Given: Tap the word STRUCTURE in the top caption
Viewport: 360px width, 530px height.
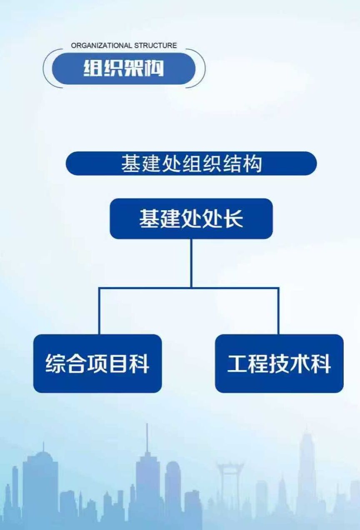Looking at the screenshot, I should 155,45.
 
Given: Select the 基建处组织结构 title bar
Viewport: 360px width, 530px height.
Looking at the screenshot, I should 191,163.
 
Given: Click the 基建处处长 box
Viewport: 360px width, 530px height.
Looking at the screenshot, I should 191,219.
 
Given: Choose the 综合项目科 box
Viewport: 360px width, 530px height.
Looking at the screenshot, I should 97,363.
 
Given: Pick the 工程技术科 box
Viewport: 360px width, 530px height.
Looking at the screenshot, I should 279,363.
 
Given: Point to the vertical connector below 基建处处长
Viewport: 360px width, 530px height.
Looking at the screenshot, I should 191,262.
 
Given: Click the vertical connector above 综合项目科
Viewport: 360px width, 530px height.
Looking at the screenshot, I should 99,310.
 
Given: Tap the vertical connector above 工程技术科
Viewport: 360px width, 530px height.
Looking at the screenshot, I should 278,310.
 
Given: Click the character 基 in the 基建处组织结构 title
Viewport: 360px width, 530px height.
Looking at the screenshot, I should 131,163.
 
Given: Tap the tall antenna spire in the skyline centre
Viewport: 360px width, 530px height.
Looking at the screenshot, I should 147,437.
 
